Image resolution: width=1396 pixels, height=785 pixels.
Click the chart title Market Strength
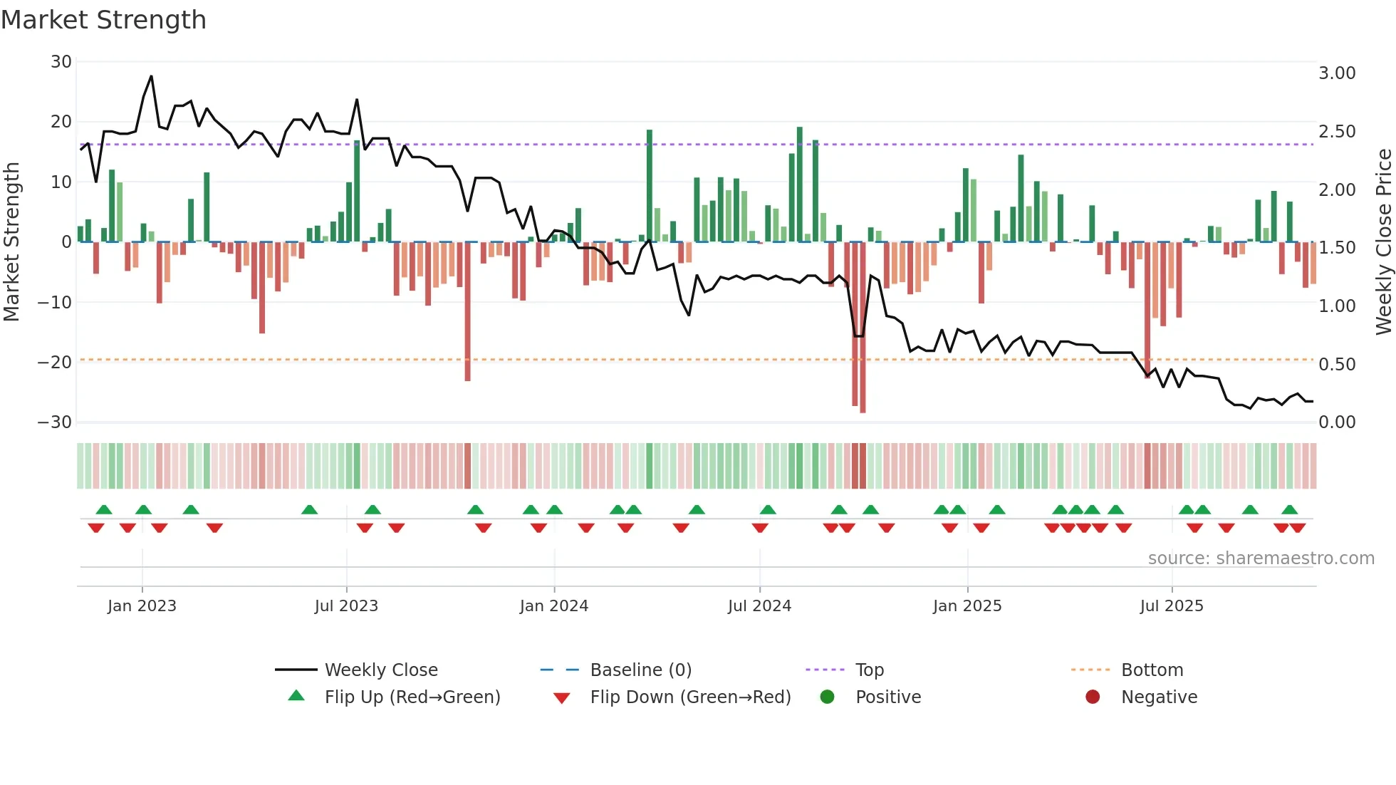coord(103,20)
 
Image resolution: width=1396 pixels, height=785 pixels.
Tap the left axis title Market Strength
coord(11,241)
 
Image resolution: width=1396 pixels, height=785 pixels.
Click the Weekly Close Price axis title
coord(1383,241)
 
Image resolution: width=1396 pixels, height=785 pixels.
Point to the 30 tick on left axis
coord(61,62)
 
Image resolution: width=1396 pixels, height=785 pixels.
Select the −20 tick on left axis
coord(55,362)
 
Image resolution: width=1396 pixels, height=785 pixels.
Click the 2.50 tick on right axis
coord(1337,132)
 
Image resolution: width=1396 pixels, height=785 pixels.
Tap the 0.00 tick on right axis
coord(1337,422)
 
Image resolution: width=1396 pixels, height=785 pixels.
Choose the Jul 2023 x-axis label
coord(346,606)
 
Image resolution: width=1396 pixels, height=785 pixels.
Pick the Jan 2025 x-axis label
coord(967,606)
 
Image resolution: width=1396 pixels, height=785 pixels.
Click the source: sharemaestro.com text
coord(1261,558)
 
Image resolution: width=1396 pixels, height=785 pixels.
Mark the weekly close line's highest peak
coord(151,76)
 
